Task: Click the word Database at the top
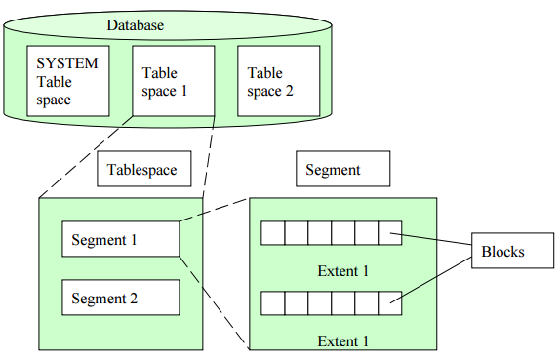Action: tap(135, 24)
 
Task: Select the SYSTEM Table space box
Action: tap(67, 82)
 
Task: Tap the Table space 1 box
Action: tap(172, 82)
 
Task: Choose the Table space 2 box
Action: tap(278, 82)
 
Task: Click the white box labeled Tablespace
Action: tap(143, 170)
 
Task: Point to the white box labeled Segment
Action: tap(343, 170)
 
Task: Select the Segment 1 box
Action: tap(120, 240)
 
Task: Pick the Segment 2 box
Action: tap(120, 298)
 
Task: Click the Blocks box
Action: tap(503, 252)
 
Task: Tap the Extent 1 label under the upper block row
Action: tap(343, 271)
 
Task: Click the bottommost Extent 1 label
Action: tap(343, 340)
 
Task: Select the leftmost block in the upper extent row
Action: tap(272, 233)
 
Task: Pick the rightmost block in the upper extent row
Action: tap(389, 233)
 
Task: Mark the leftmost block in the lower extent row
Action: tap(272, 302)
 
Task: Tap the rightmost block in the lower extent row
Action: tap(389, 302)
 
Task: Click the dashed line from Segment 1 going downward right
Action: tap(215, 303)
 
